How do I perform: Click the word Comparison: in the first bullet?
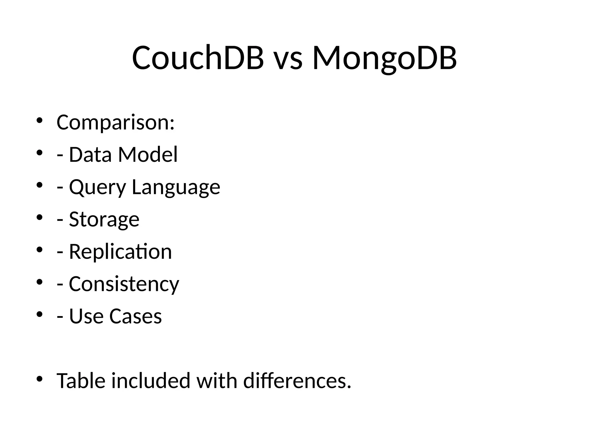coord(116,123)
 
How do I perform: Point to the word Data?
coord(90,155)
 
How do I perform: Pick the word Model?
coord(148,155)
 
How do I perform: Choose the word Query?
coord(97,187)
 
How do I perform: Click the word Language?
coord(176,187)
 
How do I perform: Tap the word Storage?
coord(104,220)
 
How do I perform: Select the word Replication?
coord(120,251)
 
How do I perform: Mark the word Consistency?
coord(124,284)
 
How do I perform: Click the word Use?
coord(86,316)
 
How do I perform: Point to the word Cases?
coord(135,316)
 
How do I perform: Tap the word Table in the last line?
coord(81,381)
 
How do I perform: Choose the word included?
coord(151,381)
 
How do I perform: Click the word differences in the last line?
coord(297,381)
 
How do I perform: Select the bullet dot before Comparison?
coord(40,120)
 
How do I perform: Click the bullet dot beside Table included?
coord(40,378)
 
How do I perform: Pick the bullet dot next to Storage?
coord(40,217)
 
